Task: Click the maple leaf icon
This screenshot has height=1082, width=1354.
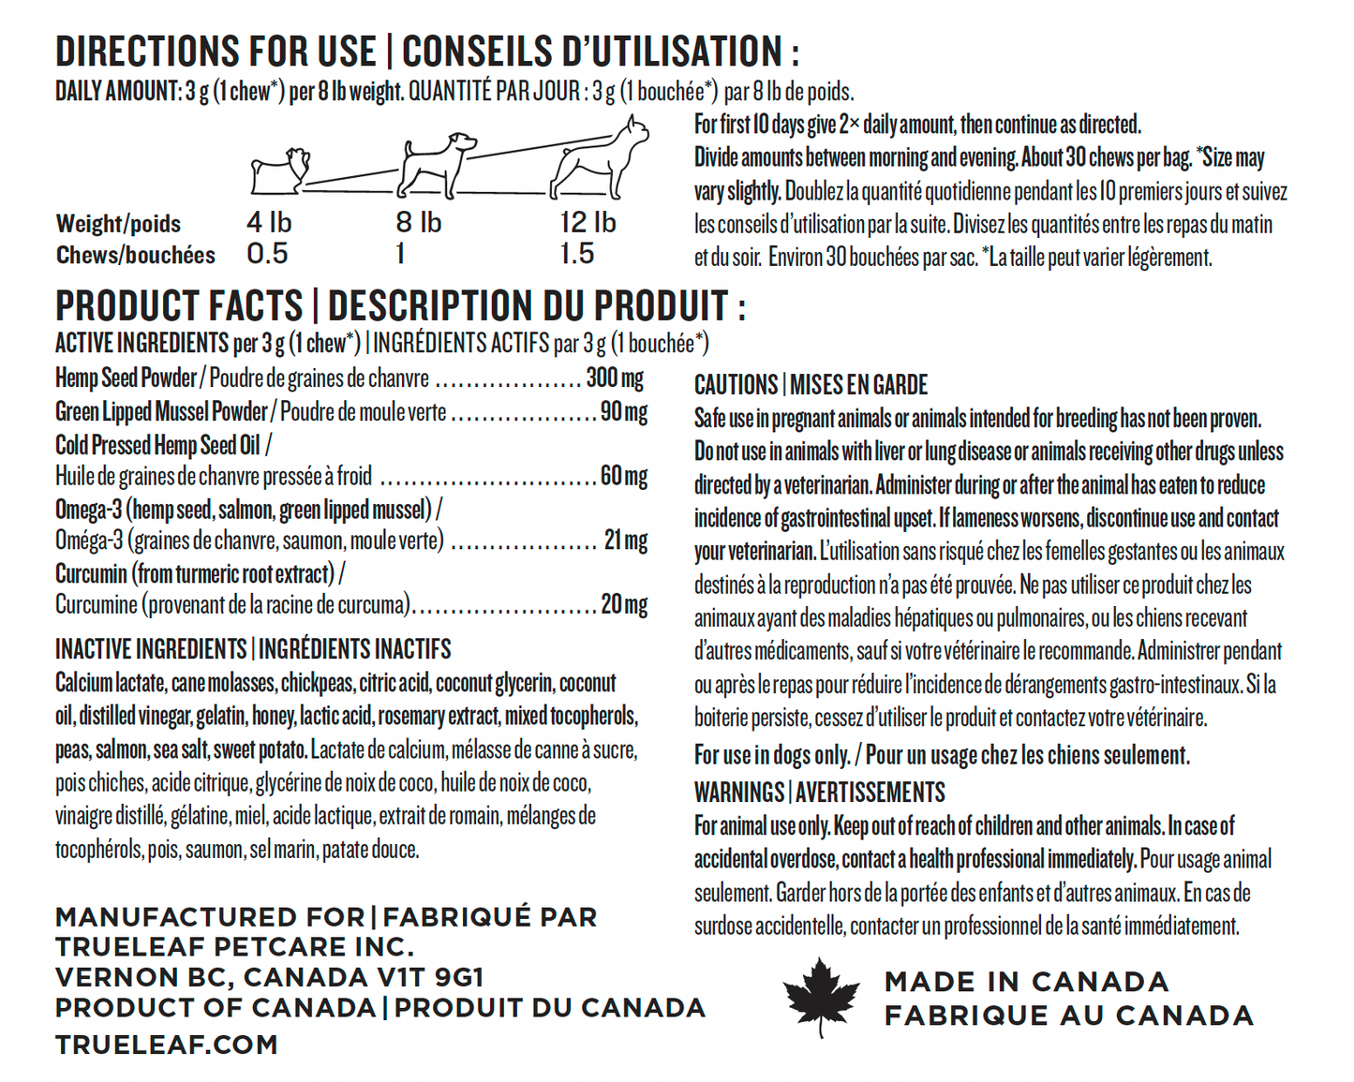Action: coord(821,997)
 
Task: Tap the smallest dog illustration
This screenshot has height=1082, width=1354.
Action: coord(279,170)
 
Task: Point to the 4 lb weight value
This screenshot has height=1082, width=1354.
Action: coord(269,223)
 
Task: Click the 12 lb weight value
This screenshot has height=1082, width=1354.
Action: coord(588,223)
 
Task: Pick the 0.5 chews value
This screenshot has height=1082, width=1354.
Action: coord(267,254)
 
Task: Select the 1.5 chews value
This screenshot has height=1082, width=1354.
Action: coord(576,254)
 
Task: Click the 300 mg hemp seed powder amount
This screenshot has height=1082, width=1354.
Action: coord(615,378)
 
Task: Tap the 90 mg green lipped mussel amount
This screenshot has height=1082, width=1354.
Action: coord(623,412)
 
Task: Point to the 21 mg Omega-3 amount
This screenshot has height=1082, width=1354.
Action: coord(625,541)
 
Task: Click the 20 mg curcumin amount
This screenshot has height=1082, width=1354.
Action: coord(624,605)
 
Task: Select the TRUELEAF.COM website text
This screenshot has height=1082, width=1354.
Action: coord(167,1045)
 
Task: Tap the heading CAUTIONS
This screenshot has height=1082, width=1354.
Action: coord(736,385)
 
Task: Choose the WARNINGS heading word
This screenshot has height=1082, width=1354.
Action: coord(738,793)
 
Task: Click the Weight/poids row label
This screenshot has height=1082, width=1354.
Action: coord(118,224)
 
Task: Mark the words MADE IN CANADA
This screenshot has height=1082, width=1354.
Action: coord(1026,982)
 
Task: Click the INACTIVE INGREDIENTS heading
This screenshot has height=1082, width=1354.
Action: coord(150,649)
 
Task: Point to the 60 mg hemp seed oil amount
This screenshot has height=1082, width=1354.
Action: coord(623,476)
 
